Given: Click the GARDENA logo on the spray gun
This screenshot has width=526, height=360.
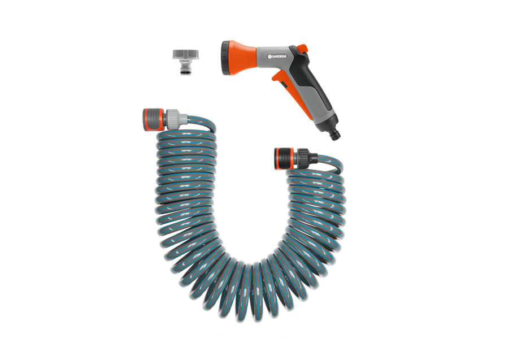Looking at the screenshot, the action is pos(277,57).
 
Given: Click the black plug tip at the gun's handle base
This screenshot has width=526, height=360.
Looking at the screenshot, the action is pos(335,135).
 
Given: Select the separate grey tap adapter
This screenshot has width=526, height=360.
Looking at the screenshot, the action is pos(185,62).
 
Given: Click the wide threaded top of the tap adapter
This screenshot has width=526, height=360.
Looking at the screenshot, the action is pos(185,54).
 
